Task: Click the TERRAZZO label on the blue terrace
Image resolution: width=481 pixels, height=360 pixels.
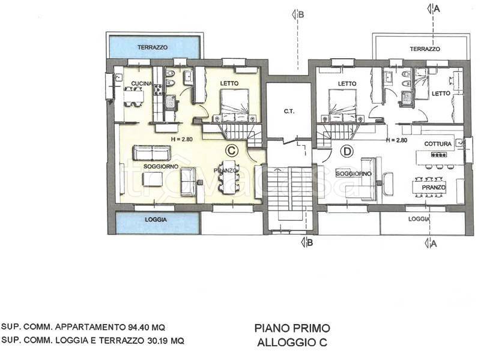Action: [152, 47]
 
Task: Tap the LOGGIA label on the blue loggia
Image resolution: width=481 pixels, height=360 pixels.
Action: [155, 220]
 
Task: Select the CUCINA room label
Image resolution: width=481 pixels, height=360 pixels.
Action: [141, 83]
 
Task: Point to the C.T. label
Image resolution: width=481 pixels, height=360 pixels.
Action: [288, 111]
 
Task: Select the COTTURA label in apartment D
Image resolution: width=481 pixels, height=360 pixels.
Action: [438, 144]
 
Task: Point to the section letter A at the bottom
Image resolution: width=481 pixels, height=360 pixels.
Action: [434, 243]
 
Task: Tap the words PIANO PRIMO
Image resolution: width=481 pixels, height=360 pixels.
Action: [292, 329]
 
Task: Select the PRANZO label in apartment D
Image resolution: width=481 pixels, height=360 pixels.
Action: [434, 188]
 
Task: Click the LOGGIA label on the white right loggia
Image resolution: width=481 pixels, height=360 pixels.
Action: [420, 219]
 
